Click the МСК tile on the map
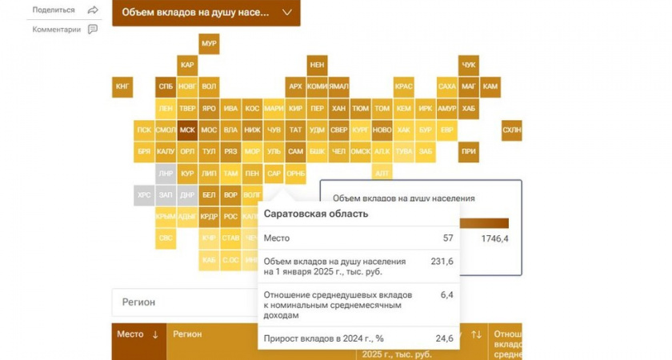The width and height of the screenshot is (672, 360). tap(187, 130)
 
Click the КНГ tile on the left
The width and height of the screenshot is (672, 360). tap(122, 86)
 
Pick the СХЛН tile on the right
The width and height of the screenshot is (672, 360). tap(511, 130)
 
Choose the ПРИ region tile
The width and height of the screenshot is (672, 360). tap(469, 151)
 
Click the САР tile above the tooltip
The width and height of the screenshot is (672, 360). tap(274, 173)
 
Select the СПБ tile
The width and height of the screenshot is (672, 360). tap(166, 86)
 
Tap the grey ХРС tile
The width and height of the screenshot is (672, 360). tap(144, 194)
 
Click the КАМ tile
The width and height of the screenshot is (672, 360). tap(490, 86)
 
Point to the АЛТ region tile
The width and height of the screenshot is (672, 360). tap(382, 173)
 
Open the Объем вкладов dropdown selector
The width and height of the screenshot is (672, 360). tap(206, 13)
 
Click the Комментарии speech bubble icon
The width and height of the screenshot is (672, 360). tap(93, 30)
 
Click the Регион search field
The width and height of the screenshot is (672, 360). tap(184, 302)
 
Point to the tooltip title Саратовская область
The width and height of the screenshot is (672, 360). tap(316, 214)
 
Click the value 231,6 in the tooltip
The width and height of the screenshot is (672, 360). tap(442, 262)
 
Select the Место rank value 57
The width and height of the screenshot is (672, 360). tap(447, 238)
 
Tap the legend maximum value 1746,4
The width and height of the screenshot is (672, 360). tap(495, 238)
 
